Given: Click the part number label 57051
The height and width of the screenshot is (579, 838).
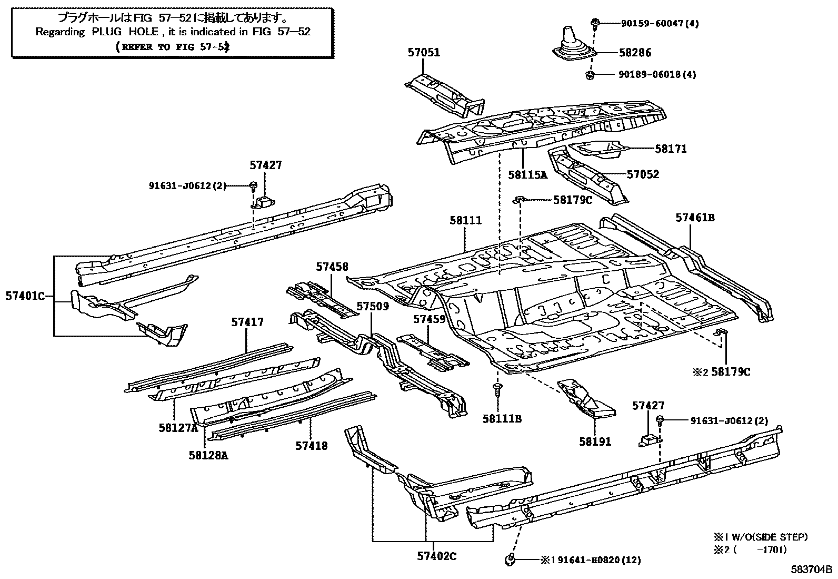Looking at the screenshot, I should (x=423, y=53).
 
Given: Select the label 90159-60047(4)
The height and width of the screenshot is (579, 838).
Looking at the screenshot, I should (x=653, y=23).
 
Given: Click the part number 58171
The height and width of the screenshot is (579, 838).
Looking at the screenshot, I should (x=671, y=149).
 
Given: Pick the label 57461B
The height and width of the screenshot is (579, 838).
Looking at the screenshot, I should (x=695, y=218).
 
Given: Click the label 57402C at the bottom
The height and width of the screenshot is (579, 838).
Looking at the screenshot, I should (x=437, y=556).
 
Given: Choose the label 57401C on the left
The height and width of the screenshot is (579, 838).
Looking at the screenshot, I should (x=25, y=296).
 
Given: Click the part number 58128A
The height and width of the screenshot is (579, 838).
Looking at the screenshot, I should (x=208, y=455).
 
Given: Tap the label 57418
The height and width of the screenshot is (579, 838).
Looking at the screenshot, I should (x=311, y=446).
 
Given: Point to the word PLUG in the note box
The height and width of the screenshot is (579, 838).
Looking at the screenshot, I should (x=107, y=32).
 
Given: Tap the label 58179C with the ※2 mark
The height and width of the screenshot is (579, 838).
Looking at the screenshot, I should (x=731, y=372).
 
